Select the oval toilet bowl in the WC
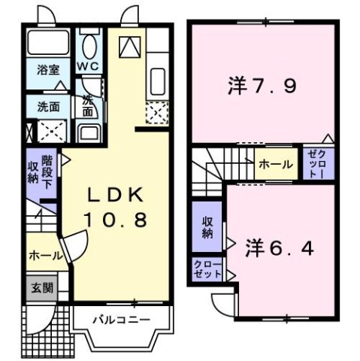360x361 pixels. [90, 47]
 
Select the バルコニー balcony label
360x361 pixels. [122, 319]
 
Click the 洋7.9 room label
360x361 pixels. [261, 85]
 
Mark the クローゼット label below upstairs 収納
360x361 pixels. [207, 269]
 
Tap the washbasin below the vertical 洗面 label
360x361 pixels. [89, 136]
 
